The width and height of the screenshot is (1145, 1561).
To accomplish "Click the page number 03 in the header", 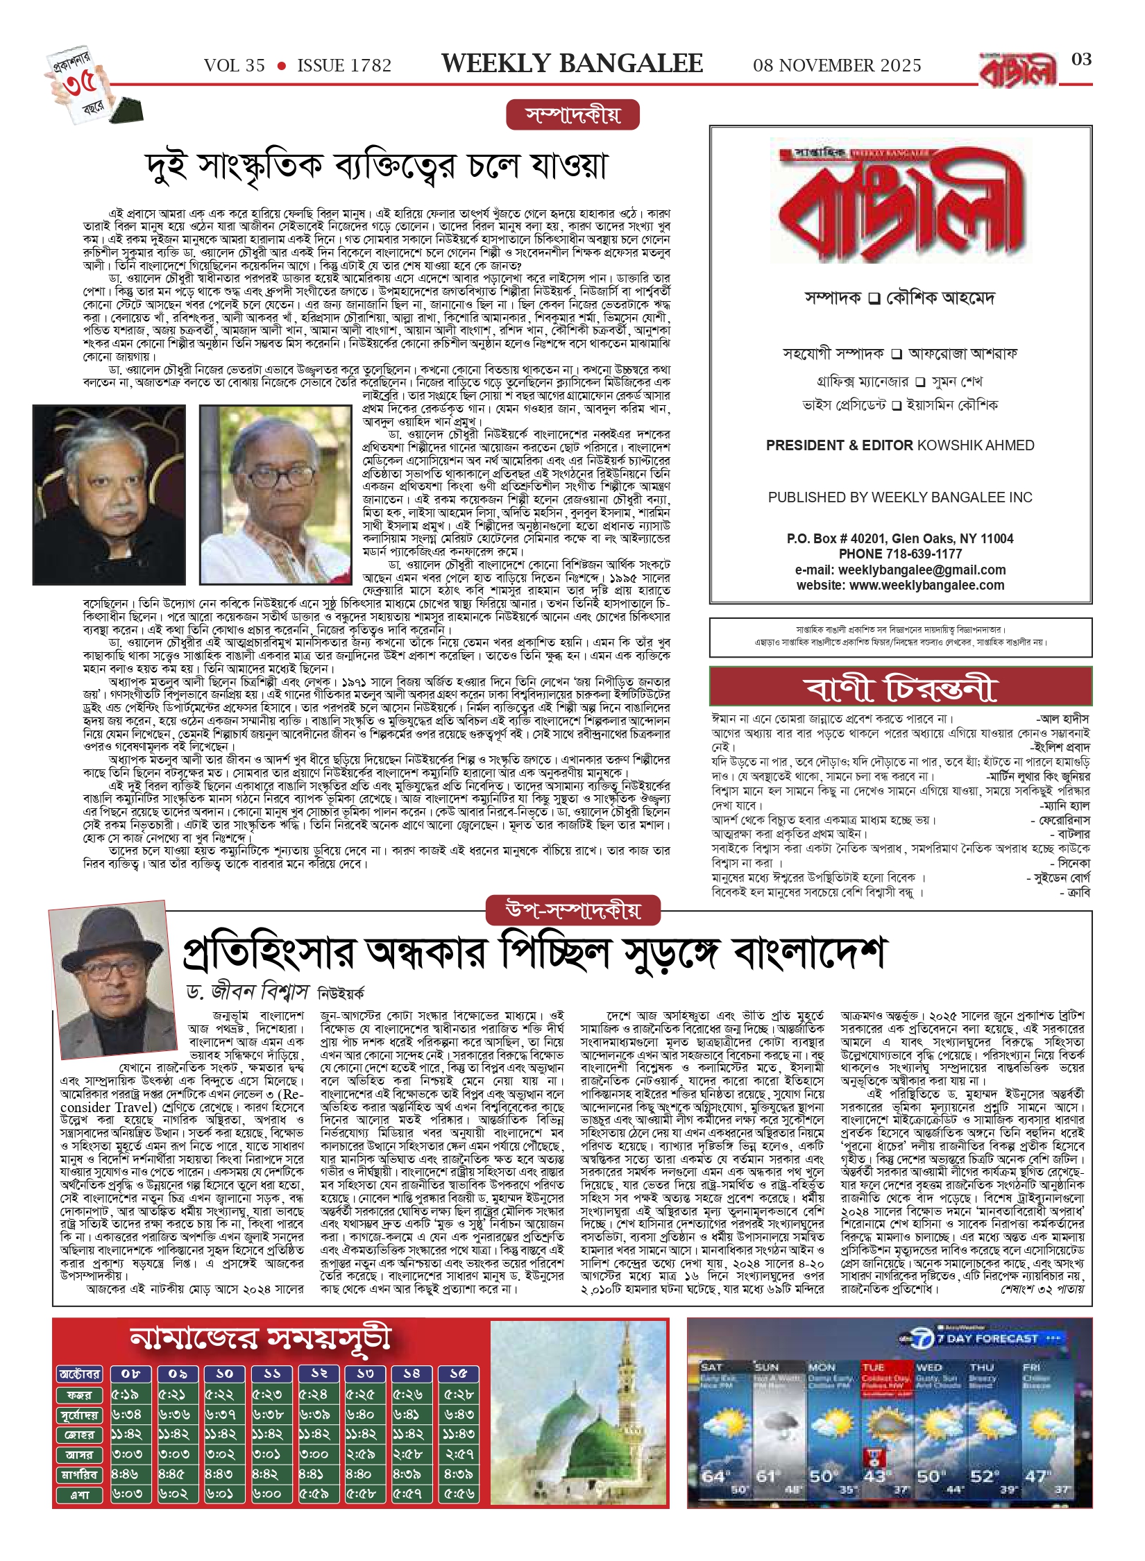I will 1081,60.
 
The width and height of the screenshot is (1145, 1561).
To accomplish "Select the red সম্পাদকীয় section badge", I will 572,115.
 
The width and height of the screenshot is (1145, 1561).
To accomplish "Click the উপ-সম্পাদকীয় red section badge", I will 572,910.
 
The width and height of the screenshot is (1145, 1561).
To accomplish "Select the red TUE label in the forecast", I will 873,1367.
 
